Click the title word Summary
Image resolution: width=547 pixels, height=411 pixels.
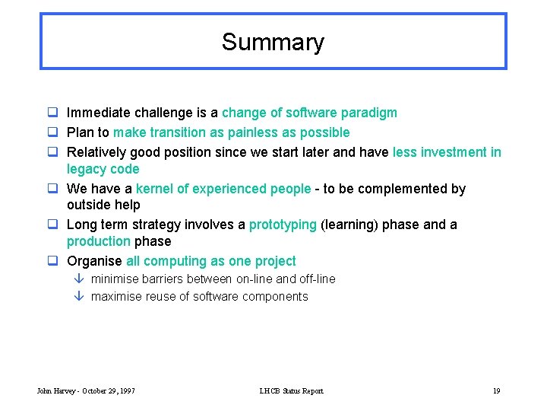click(273, 42)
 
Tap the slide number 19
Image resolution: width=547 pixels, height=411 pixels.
click(496, 391)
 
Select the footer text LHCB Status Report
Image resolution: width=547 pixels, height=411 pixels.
click(291, 391)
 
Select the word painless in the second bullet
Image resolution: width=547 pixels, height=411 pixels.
click(251, 133)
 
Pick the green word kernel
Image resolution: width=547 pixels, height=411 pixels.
click(154, 189)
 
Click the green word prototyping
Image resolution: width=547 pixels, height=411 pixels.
click(283, 225)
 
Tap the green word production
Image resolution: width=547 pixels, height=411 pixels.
click(99, 242)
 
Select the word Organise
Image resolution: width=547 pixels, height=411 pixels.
click(95, 262)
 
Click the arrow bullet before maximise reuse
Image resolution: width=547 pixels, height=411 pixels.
click(79, 297)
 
